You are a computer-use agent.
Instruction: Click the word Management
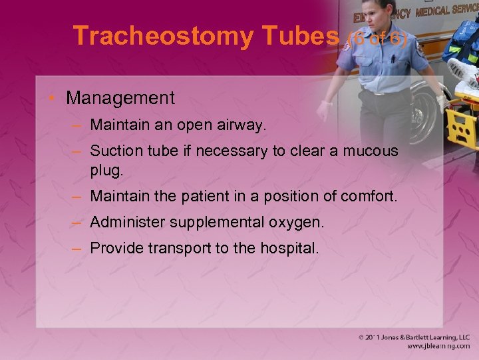pyautogui.click(x=120, y=98)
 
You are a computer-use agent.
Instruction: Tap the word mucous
pyautogui.click(x=371, y=151)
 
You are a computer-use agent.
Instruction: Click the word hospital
pyautogui.click(x=293, y=249)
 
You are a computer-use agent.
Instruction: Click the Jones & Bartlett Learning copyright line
pyautogui.click(x=413, y=338)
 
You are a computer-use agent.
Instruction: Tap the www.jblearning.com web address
pyautogui.click(x=438, y=347)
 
